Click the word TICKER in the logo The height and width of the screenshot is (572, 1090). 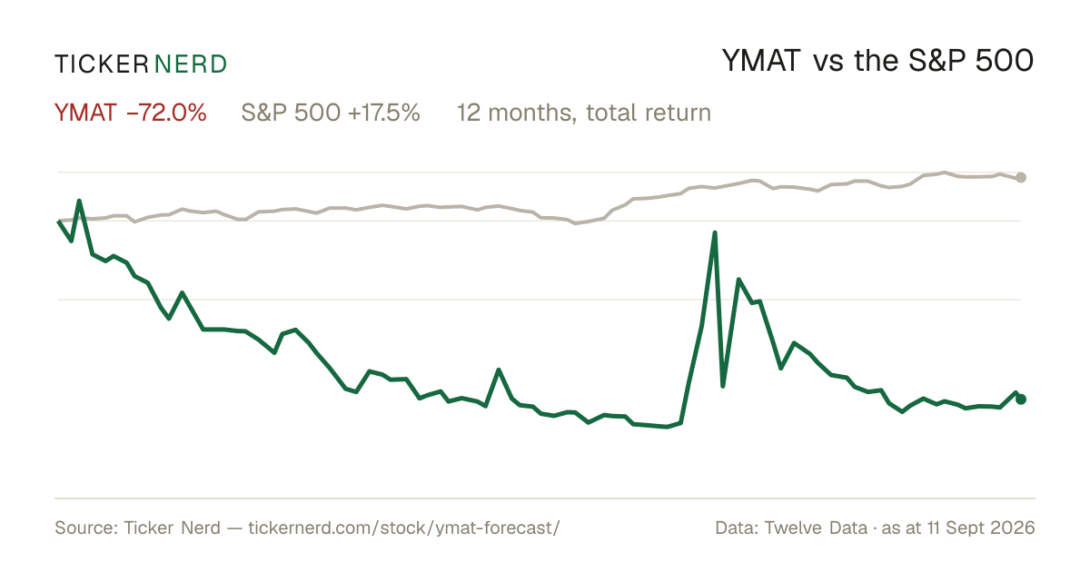click(x=102, y=64)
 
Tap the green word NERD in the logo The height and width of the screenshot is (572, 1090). click(x=191, y=64)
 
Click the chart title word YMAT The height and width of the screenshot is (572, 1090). click(x=761, y=61)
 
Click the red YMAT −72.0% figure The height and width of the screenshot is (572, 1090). click(x=131, y=113)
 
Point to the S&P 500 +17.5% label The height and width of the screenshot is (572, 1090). click(x=331, y=113)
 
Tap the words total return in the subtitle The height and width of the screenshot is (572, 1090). click(x=649, y=113)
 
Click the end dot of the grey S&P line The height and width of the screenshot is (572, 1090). click(x=1021, y=178)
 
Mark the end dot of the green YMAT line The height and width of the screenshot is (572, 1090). click(x=1021, y=399)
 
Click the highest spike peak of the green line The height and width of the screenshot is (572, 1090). click(x=715, y=233)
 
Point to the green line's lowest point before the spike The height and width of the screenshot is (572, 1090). click(x=667, y=427)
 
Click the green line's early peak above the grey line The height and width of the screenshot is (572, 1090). click(x=79, y=201)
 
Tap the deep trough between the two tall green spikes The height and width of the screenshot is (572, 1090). click(x=723, y=386)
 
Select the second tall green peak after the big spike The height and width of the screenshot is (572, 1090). click(x=738, y=280)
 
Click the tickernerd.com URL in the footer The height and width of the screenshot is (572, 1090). click(x=404, y=528)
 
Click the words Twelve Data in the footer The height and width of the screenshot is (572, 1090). click(x=816, y=528)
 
